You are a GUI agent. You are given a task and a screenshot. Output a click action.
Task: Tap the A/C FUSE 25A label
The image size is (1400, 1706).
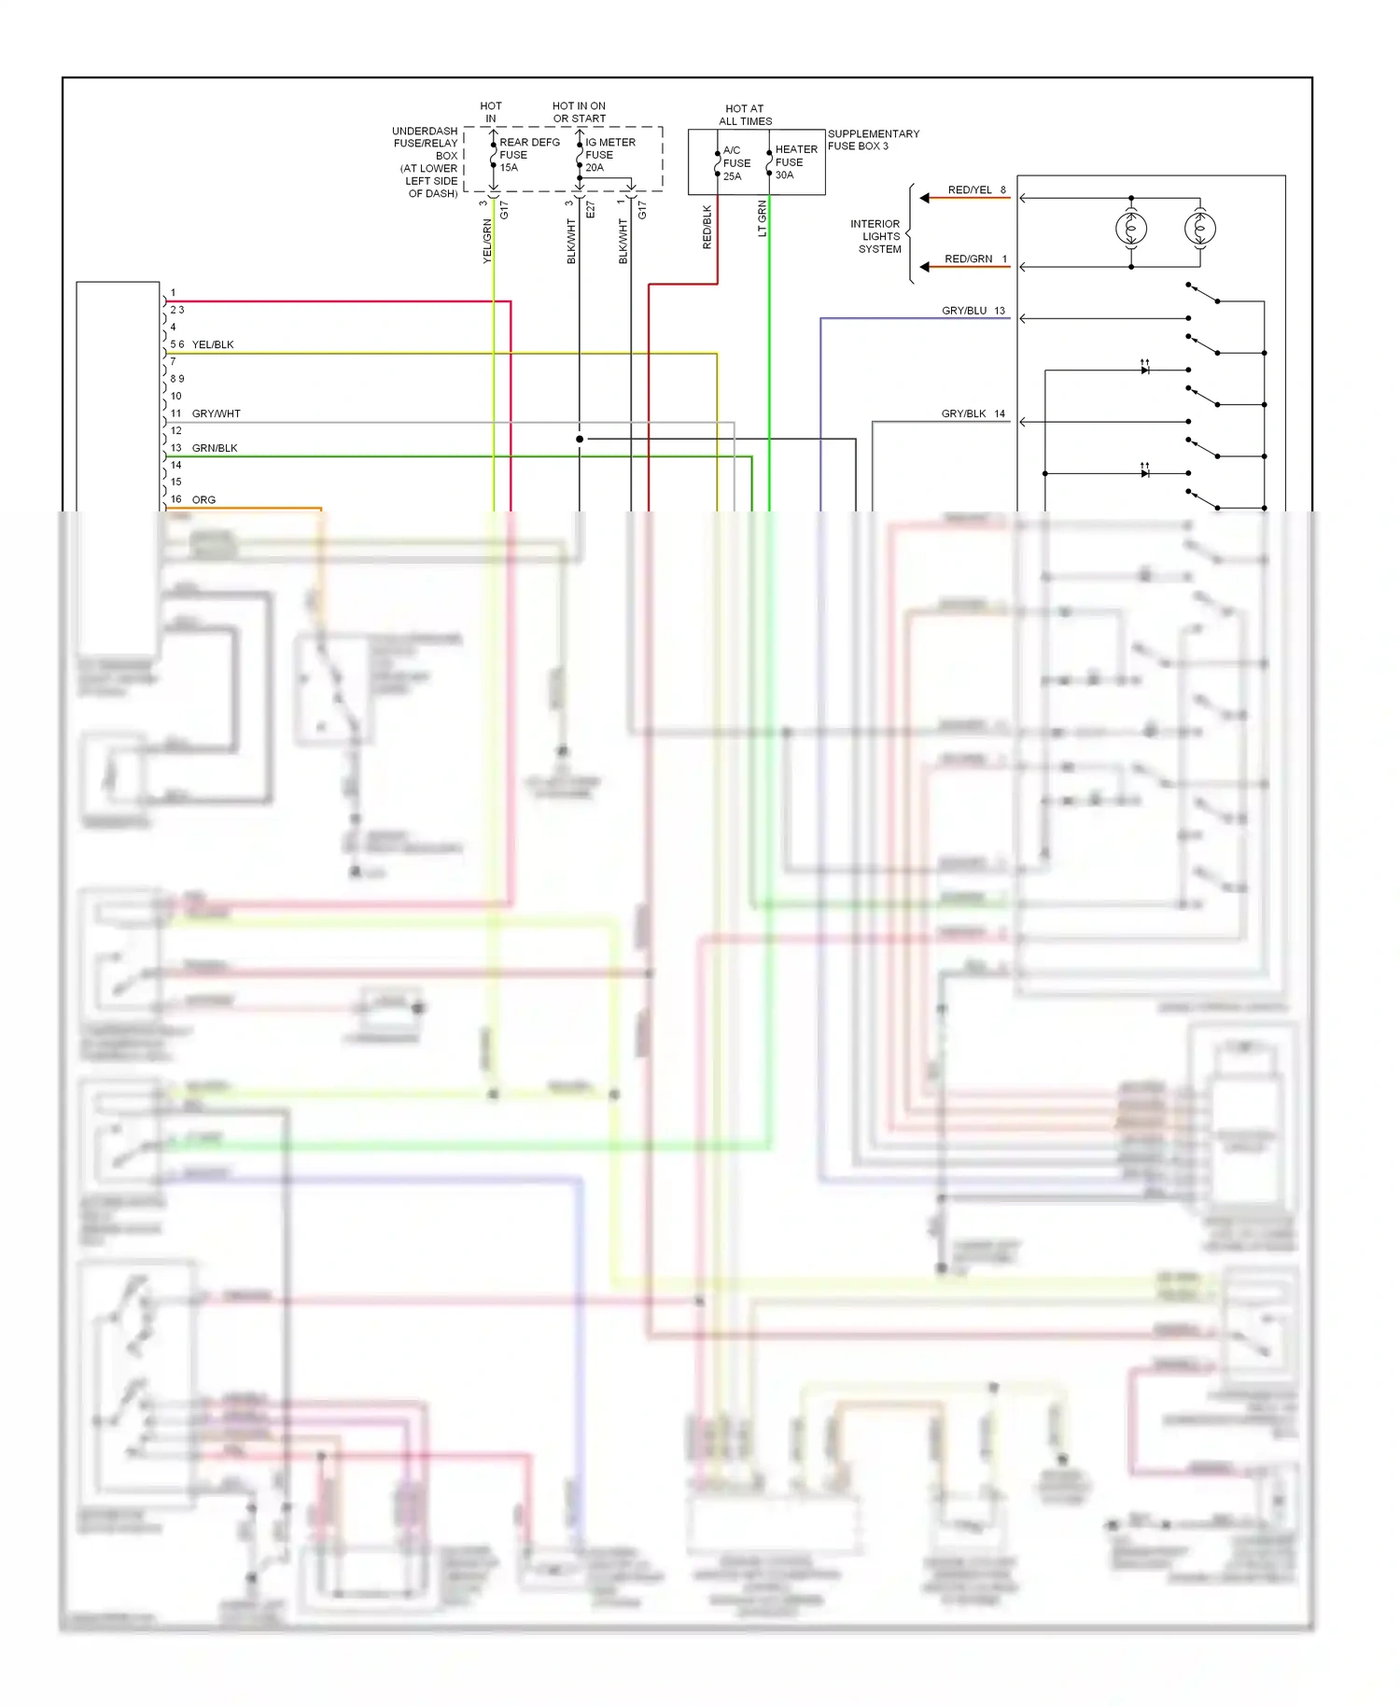point(735,163)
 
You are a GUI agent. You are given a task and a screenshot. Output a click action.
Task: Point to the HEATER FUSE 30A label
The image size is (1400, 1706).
point(795,162)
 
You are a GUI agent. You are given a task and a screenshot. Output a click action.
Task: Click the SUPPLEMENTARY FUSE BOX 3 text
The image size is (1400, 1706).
point(873,140)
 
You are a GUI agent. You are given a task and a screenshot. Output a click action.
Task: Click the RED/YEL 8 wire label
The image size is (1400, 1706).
point(976,190)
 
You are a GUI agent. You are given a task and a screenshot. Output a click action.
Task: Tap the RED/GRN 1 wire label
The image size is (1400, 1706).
point(975,259)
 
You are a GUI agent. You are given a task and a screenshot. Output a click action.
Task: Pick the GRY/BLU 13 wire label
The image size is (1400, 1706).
point(973,311)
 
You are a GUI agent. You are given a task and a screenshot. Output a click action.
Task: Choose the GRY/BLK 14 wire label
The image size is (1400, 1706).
point(973,413)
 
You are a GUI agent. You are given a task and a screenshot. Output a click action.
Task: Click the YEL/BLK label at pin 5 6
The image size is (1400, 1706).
point(213,345)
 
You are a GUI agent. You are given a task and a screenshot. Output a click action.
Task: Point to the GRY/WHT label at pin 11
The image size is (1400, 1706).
point(216,413)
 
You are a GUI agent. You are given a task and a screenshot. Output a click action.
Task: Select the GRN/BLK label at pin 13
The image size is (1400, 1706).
point(215,448)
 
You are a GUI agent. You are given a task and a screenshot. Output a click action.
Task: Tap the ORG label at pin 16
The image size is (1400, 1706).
point(203,500)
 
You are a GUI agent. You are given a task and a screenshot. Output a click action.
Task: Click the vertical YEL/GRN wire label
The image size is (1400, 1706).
point(487,241)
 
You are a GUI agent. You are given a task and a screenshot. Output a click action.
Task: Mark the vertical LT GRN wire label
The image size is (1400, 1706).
point(763,218)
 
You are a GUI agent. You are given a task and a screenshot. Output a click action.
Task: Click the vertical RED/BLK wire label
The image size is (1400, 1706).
point(707,227)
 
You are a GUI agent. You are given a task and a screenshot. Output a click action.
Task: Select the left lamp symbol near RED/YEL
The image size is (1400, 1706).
point(1131,229)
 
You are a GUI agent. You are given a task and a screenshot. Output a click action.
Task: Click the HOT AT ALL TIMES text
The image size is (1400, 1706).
point(745,115)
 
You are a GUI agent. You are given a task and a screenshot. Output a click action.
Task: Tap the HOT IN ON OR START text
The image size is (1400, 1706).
point(579,112)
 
